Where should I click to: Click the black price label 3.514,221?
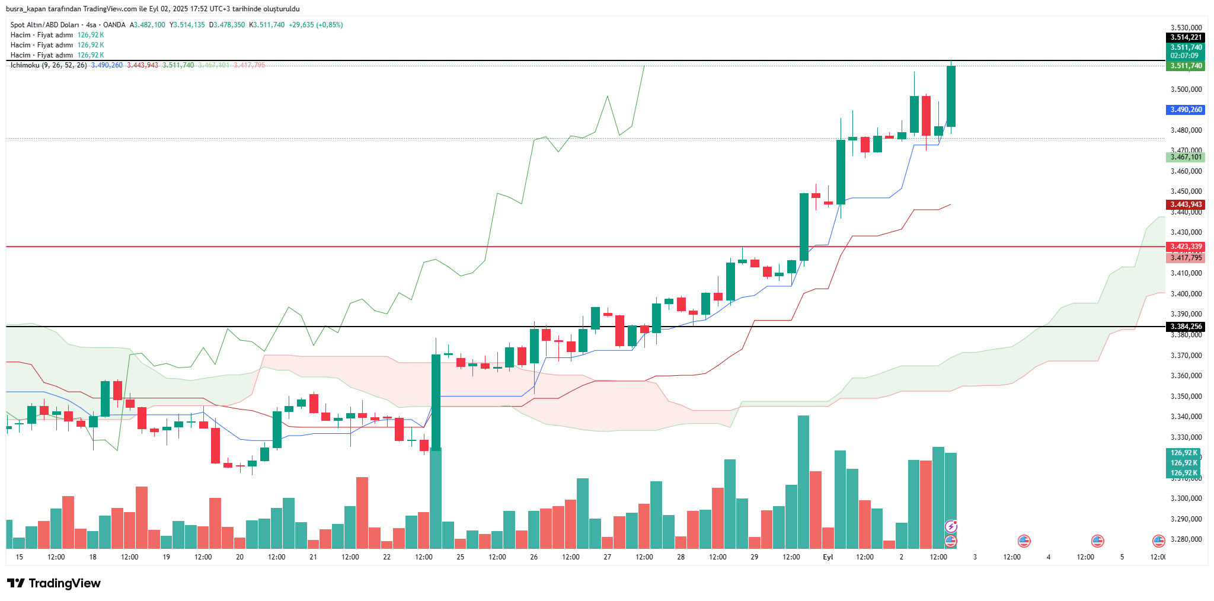click(x=1186, y=37)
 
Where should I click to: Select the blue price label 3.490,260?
click(x=1186, y=110)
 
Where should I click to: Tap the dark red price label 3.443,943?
click(x=1186, y=204)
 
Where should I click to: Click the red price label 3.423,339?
click(x=1186, y=247)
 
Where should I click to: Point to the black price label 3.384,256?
click(x=1186, y=327)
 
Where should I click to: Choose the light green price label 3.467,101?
click(x=1186, y=157)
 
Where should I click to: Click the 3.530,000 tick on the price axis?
click(x=1186, y=28)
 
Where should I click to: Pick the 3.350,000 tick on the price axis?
click(x=1186, y=396)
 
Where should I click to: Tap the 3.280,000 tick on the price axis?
click(x=1186, y=539)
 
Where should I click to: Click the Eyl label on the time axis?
click(x=828, y=557)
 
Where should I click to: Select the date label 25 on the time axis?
click(x=461, y=557)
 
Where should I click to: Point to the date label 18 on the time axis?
click(x=93, y=557)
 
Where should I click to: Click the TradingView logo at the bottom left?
click(x=54, y=583)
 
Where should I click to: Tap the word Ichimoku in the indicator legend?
click(x=24, y=65)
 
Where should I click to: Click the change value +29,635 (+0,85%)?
click(x=315, y=25)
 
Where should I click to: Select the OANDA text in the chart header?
click(x=114, y=25)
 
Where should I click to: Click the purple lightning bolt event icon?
click(x=951, y=526)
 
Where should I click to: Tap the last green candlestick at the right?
click(x=951, y=96)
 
